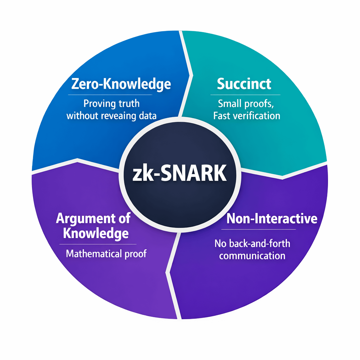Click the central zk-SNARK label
(x=179, y=173)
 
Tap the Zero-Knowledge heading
(x=121, y=84)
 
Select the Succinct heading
(x=244, y=84)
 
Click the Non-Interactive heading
(x=272, y=219)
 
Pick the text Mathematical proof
(x=106, y=253)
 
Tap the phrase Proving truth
(x=111, y=104)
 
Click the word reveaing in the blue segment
(x=121, y=116)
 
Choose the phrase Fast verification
(x=247, y=116)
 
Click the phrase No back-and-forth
(x=252, y=243)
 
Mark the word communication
(x=252, y=255)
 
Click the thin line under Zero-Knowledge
(x=110, y=95)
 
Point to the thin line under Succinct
(x=245, y=95)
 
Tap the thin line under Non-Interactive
(x=258, y=230)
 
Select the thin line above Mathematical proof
(x=98, y=244)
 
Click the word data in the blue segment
(x=148, y=116)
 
